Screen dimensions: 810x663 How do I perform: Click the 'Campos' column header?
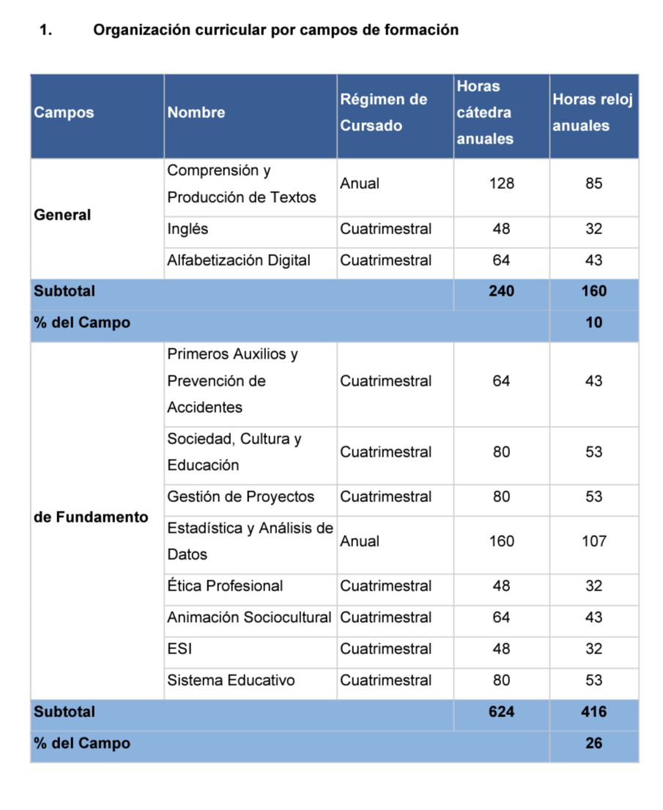[x=64, y=113]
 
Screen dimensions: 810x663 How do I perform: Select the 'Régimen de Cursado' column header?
[x=383, y=113]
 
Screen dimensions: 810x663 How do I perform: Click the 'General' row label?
[x=62, y=215]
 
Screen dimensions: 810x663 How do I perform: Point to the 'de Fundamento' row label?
[x=91, y=517]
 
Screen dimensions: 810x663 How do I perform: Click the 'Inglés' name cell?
[x=188, y=229]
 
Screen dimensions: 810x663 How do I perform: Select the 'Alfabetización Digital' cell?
[x=239, y=260]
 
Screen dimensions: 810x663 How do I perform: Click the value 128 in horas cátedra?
[x=501, y=184]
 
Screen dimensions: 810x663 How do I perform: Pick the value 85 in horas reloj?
[x=593, y=184]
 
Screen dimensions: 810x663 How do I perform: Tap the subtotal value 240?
[x=501, y=291]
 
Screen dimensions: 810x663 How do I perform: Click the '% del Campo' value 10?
[x=593, y=323]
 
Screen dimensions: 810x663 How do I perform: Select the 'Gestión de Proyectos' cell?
[x=240, y=497]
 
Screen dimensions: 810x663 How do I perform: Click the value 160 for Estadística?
[x=501, y=541]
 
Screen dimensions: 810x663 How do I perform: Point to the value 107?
[x=593, y=541]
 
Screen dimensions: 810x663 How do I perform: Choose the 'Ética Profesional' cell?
[x=225, y=586]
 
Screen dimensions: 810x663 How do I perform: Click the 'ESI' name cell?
[x=180, y=649]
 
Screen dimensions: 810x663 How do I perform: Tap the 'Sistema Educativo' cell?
[x=231, y=680]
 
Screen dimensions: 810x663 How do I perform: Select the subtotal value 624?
[x=501, y=712]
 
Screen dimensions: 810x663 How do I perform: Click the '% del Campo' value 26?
[x=593, y=743]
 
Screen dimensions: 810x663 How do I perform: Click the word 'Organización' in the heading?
[x=141, y=30]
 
